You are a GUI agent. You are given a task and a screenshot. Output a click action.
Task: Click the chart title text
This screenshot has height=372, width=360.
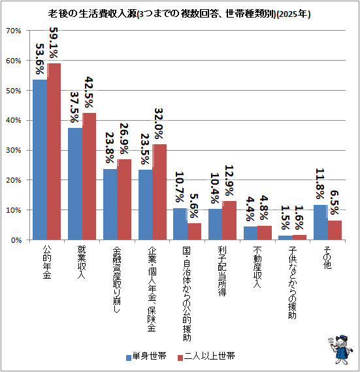click(179, 14)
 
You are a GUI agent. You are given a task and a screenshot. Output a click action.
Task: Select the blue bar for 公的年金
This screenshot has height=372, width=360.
click(40, 160)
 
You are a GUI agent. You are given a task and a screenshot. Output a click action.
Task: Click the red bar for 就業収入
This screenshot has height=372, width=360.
click(90, 176)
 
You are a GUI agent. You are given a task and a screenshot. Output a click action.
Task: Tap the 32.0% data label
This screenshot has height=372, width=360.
click(159, 123)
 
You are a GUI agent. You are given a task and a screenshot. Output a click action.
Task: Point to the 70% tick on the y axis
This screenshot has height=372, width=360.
click(14, 31)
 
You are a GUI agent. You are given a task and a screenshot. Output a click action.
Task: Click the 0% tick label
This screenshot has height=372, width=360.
click(16, 240)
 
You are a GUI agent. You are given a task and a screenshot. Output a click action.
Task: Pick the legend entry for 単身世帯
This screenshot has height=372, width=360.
click(146, 356)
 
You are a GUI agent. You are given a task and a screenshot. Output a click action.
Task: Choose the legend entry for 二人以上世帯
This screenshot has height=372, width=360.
click(206, 356)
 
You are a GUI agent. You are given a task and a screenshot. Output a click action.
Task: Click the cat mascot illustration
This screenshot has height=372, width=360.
click(340, 349)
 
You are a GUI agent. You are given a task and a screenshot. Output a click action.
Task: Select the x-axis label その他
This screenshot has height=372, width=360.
click(327, 257)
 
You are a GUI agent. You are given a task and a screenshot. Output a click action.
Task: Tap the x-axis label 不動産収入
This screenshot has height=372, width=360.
click(257, 267)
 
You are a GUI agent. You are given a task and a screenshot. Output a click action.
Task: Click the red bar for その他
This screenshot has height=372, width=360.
click(335, 230)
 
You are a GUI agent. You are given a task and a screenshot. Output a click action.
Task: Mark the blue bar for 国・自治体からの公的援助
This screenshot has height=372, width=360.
click(180, 224)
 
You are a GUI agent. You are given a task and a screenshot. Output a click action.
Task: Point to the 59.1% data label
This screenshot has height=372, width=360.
click(54, 42)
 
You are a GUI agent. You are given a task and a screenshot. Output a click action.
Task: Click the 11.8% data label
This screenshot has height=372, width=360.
click(320, 183)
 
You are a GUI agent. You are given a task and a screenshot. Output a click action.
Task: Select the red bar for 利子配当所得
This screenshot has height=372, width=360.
click(229, 221)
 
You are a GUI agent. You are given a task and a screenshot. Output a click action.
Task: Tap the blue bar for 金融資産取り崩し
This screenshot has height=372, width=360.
click(110, 204)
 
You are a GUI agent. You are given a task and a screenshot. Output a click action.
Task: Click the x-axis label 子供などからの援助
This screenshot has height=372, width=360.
click(292, 283)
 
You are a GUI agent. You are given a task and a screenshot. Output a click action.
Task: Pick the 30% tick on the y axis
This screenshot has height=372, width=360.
click(14, 150)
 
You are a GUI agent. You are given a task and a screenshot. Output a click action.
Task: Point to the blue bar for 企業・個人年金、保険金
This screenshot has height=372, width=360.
click(145, 205)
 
